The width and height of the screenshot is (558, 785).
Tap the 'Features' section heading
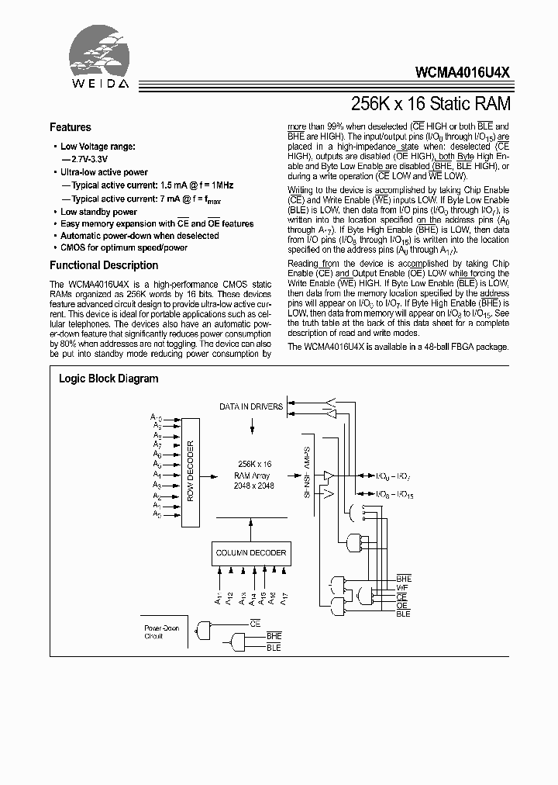70,127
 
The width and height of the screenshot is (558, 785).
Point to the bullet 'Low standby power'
98,212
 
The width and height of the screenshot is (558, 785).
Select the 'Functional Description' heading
104,265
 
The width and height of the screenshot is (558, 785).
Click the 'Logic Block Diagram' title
108,379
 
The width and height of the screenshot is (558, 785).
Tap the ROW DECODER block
190,471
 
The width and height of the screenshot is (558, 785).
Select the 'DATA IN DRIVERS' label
250,406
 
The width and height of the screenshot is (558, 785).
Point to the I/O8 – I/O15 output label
395,494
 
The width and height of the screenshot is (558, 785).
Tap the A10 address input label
156,417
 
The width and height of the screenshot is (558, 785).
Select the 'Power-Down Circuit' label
161,632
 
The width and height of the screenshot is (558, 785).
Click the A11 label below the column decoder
219,598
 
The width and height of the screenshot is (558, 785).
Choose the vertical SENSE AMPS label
307,475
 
